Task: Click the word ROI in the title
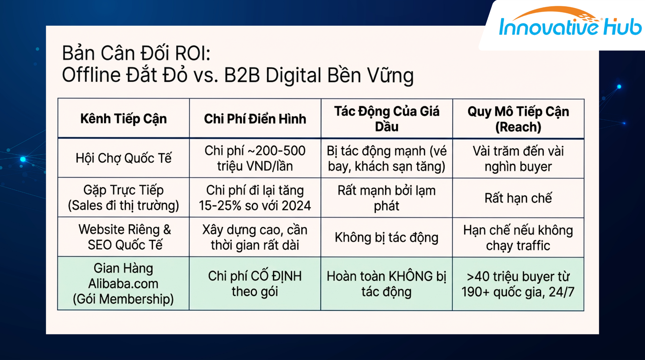click(x=192, y=53)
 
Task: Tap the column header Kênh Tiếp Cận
click(x=123, y=119)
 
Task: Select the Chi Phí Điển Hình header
click(x=255, y=119)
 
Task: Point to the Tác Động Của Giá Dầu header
click(x=387, y=119)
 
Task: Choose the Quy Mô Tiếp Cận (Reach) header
click(x=518, y=119)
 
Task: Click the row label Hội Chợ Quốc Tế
click(x=123, y=158)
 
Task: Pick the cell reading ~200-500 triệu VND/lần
click(x=255, y=158)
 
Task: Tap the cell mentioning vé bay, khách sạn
click(x=387, y=159)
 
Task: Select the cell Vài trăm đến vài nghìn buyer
click(x=518, y=159)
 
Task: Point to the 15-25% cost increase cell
click(x=255, y=198)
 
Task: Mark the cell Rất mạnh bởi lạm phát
click(x=387, y=198)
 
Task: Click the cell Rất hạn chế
click(x=518, y=198)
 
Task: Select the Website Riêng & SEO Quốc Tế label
click(x=125, y=237)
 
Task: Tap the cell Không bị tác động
click(x=387, y=238)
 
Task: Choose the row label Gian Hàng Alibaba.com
click(x=123, y=283)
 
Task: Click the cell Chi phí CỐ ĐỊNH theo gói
click(x=255, y=283)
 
